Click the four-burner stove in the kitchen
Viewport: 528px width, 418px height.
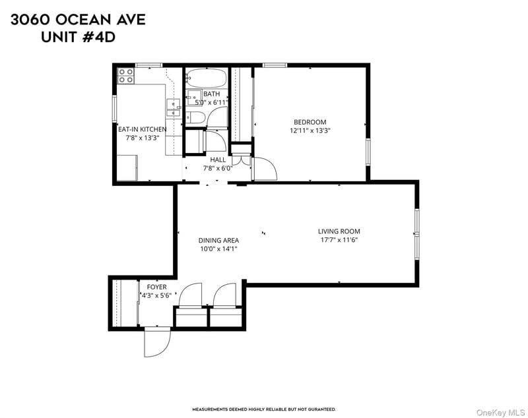(x=125, y=76)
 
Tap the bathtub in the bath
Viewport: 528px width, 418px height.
(x=205, y=79)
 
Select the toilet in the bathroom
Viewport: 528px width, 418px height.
(x=195, y=117)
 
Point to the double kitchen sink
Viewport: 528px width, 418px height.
(x=174, y=107)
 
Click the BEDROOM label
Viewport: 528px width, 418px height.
(x=310, y=122)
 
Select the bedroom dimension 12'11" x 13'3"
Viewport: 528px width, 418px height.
(x=310, y=131)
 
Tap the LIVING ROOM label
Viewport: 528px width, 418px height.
(x=339, y=231)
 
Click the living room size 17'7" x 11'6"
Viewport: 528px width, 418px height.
(x=339, y=240)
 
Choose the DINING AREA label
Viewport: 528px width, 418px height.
(x=218, y=241)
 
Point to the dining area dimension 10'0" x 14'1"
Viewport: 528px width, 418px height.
(x=218, y=249)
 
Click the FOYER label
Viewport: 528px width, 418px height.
(x=156, y=287)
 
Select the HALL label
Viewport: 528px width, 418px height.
(x=218, y=160)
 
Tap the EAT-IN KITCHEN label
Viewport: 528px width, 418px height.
(x=142, y=130)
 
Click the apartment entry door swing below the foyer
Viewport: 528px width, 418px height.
(x=157, y=342)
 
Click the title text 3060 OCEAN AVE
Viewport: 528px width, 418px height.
(x=78, y=20)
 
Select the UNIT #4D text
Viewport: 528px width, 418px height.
(x=78, y=38)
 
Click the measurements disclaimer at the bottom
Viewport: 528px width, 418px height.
(x=263, y=409)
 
